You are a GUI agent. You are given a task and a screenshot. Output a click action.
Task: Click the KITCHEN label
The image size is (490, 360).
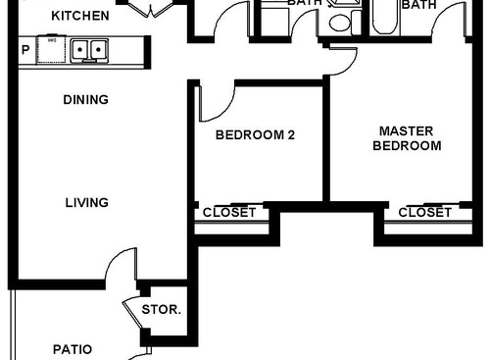click(x=80, y=17)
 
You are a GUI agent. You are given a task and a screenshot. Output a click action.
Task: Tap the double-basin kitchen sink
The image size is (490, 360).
click(x=87, y=49)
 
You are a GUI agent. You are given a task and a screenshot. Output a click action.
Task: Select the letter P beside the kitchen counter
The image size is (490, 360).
click(x=24, y=49)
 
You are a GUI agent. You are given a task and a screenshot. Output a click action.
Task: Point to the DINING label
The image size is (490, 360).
click(x=85, y=100)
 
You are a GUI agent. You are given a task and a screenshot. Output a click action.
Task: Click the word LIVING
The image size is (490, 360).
click(x=86, y=203)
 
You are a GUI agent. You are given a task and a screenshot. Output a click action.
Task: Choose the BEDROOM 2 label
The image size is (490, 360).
click(x=255, y=136)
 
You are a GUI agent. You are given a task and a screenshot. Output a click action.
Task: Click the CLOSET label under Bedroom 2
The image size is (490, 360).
click(x=228, y=212)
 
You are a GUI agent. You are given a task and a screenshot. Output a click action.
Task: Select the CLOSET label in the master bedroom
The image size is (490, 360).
click(x=425, y=212)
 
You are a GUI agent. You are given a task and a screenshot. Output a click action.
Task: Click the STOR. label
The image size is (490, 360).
click(x=161, y=310)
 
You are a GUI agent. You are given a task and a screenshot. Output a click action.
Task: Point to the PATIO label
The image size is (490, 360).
click(x=72, y=349)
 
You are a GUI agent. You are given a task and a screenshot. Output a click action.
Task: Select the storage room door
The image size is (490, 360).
click(x=133, y=314)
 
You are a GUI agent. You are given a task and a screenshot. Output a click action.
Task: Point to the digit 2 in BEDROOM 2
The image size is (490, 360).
click(x=290, y=136)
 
